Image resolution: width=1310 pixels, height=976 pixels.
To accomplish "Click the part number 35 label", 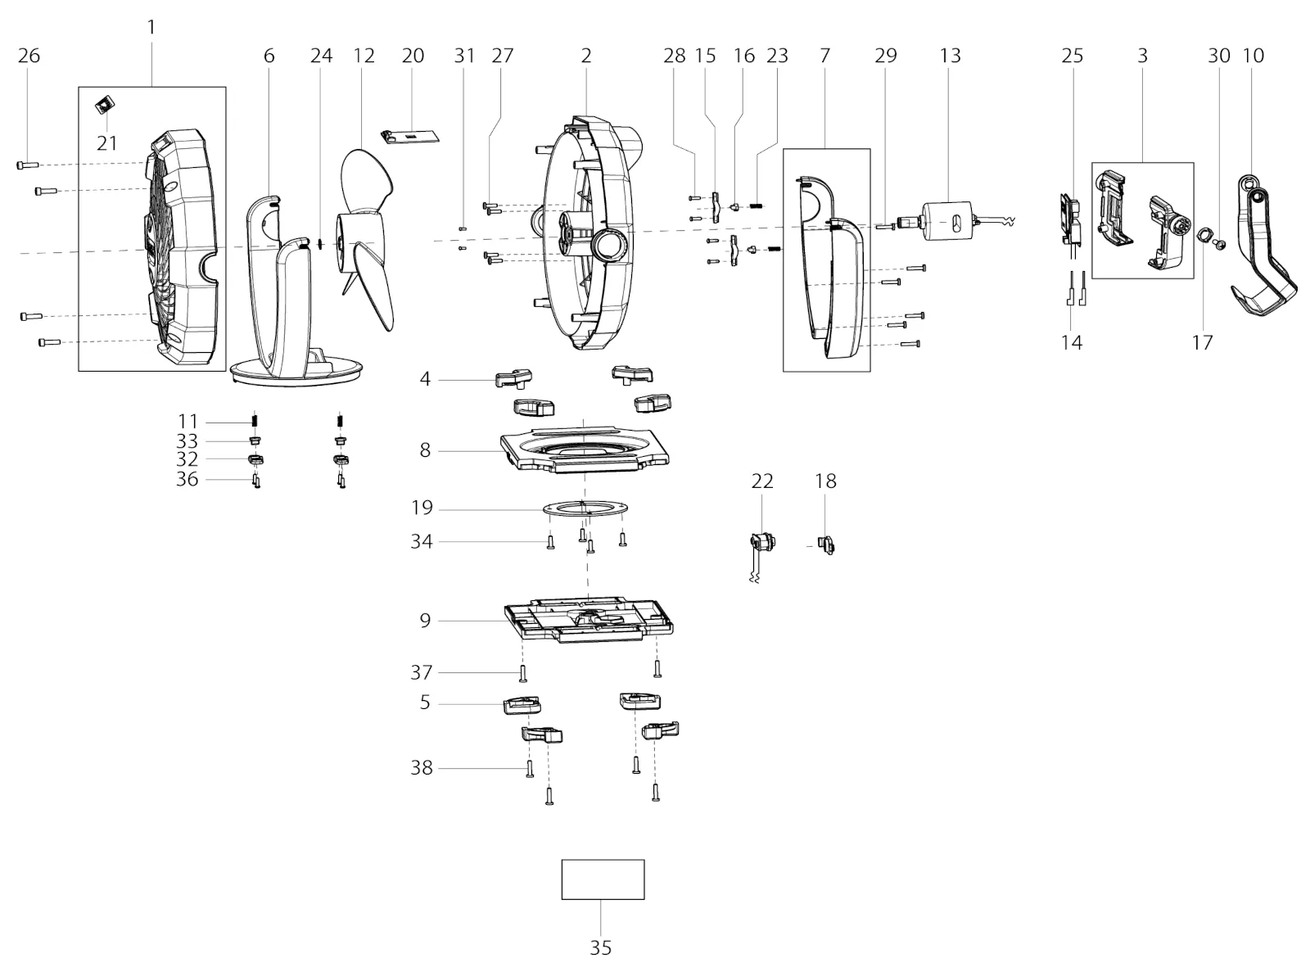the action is click(600, 948).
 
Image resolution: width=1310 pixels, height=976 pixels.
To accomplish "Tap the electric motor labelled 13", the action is click(947, 221).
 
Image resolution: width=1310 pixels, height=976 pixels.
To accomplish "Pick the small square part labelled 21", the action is click(105, 105).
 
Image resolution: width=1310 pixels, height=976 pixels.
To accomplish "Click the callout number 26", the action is click(29, 56).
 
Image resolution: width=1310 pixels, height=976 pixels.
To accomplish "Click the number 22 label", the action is click(762, 481).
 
